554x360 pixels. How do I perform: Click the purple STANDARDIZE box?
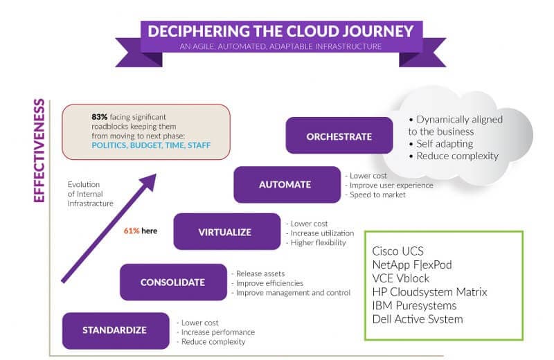pyautogui.click(x=116, y=330)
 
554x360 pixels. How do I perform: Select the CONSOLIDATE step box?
pyautogui.click(x=173, y=282)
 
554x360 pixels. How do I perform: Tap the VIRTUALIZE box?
pyautogui.click(x=226, y=232)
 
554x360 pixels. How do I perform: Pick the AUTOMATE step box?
pyautogui.click(x=287, y=185)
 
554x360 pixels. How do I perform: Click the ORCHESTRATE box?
pyautogui.click(x=339, y=136)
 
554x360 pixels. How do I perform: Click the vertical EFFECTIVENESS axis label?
pyautogui.click(x=39, y=150)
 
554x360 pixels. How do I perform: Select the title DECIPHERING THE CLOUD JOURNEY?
pyautogui.click(x=280, y=31)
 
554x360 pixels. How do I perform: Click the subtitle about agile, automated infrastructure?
pyautogui.click(x=280, y=46)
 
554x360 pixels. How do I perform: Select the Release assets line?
pyautogui.click(x=260, y=273)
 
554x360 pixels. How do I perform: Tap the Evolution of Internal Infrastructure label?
pyautogui.click(x=89, y=194)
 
